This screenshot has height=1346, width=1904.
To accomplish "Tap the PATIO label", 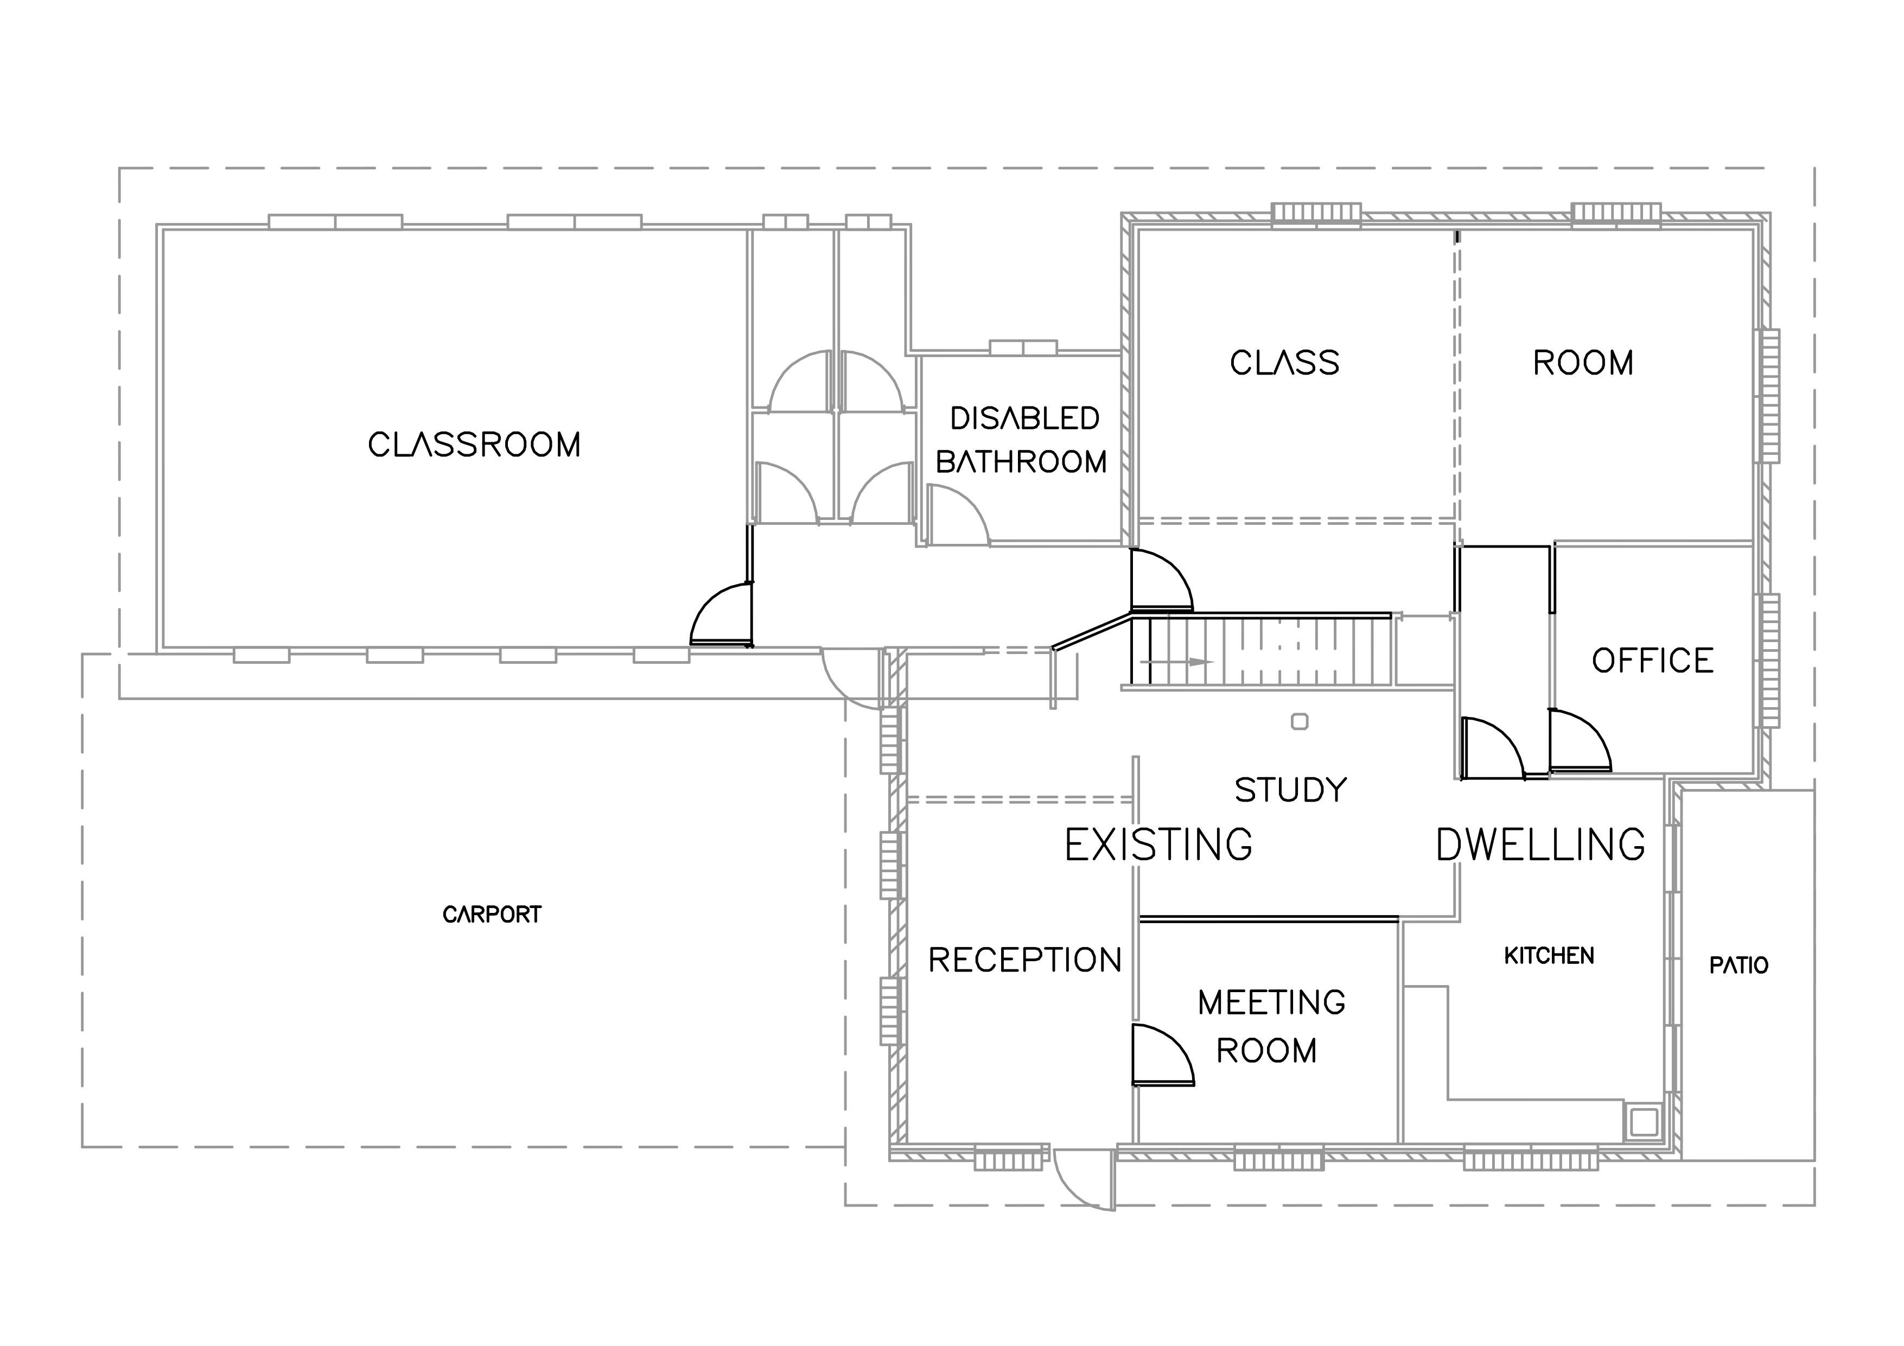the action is pyautogui.click(x=1739, y=966).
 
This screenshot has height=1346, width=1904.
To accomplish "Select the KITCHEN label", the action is pyautogui.click(x=1549, y=956).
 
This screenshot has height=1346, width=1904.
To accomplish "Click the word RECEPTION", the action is pyautogui.click(x=1025, y=960).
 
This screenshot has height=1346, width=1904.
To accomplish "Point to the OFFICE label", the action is pyautogui.click(x=1653, y=661).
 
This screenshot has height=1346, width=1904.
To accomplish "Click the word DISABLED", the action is pyautogui.click(x=1025, y=419).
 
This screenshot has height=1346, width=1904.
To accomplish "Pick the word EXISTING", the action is pyautogui.click(x=1158, y=845).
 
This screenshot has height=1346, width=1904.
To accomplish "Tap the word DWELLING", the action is pyautogui.click(x=1541, y=845).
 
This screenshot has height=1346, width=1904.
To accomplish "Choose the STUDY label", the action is pyautogui.click(x=1291, y=790).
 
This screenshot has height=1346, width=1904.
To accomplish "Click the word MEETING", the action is pyautogui.click(x=1271, y=1004).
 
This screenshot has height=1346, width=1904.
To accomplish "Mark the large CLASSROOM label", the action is pyautogui.click(x=474, y=446).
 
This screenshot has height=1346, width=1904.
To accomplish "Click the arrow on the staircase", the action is pyautogui.click(x=1177, y=662).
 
